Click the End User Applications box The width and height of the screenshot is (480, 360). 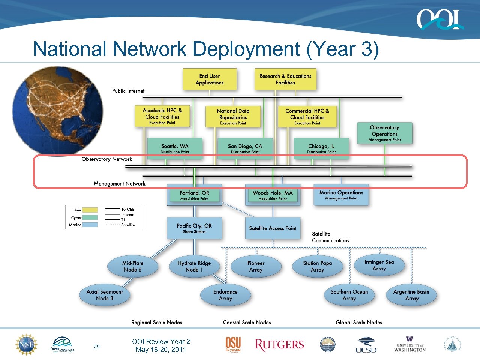click(x=210, y=79)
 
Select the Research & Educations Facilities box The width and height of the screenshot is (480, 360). click(x=285, y=79)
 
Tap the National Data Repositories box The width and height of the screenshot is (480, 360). click(x=233, y=116)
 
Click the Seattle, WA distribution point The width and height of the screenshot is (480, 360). click(x=175, y=148)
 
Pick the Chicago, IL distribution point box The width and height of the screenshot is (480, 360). click(x=321, y=148)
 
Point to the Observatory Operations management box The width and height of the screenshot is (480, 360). click(x=384, y=133)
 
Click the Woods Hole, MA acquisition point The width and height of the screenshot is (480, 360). click(x=273, y=195)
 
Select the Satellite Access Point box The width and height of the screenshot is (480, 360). click(x=273, y=228)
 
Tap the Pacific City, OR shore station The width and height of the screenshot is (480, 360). click(x=194, y=228)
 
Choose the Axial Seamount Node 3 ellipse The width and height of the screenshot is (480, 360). click(x=105, y=295)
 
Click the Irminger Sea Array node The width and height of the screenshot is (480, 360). click(x=379, y=265)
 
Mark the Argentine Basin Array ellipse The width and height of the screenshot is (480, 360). click(x=411, y=295)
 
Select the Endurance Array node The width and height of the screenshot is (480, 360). click(x=225, y=295)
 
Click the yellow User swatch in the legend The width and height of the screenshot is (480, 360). click(x=90, y=210)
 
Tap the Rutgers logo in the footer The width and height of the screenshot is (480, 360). click(x=279, y=345)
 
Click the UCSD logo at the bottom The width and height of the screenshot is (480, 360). click(x=366, y=345)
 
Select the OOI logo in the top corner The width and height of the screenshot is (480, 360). click(x=439, y=19)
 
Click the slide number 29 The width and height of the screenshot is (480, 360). click(x=97, y=346)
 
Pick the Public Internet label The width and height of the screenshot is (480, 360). click(x=128, y=91)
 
